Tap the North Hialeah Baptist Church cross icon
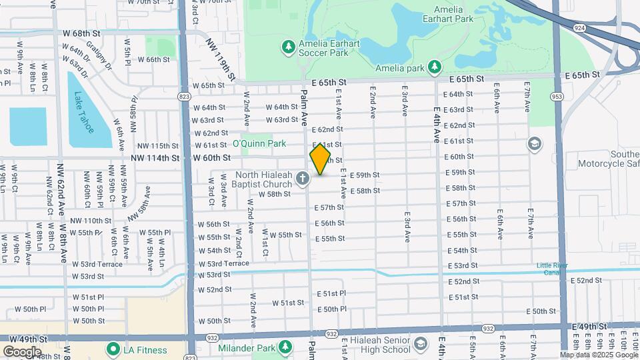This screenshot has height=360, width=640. (x=303, y=178)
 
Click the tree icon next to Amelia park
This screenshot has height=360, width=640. (x=434, y=67)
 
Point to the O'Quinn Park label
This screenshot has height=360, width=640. (x=259, y=144)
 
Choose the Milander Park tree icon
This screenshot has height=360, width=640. (x=285, y=347)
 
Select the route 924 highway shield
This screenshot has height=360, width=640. (x=579, y=28)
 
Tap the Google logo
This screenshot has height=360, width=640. (x=22, y=351)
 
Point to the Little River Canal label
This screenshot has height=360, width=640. (x=555, y=269)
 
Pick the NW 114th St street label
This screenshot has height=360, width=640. (x=155, y=158)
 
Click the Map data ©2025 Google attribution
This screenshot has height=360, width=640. (x=599, y=355)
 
